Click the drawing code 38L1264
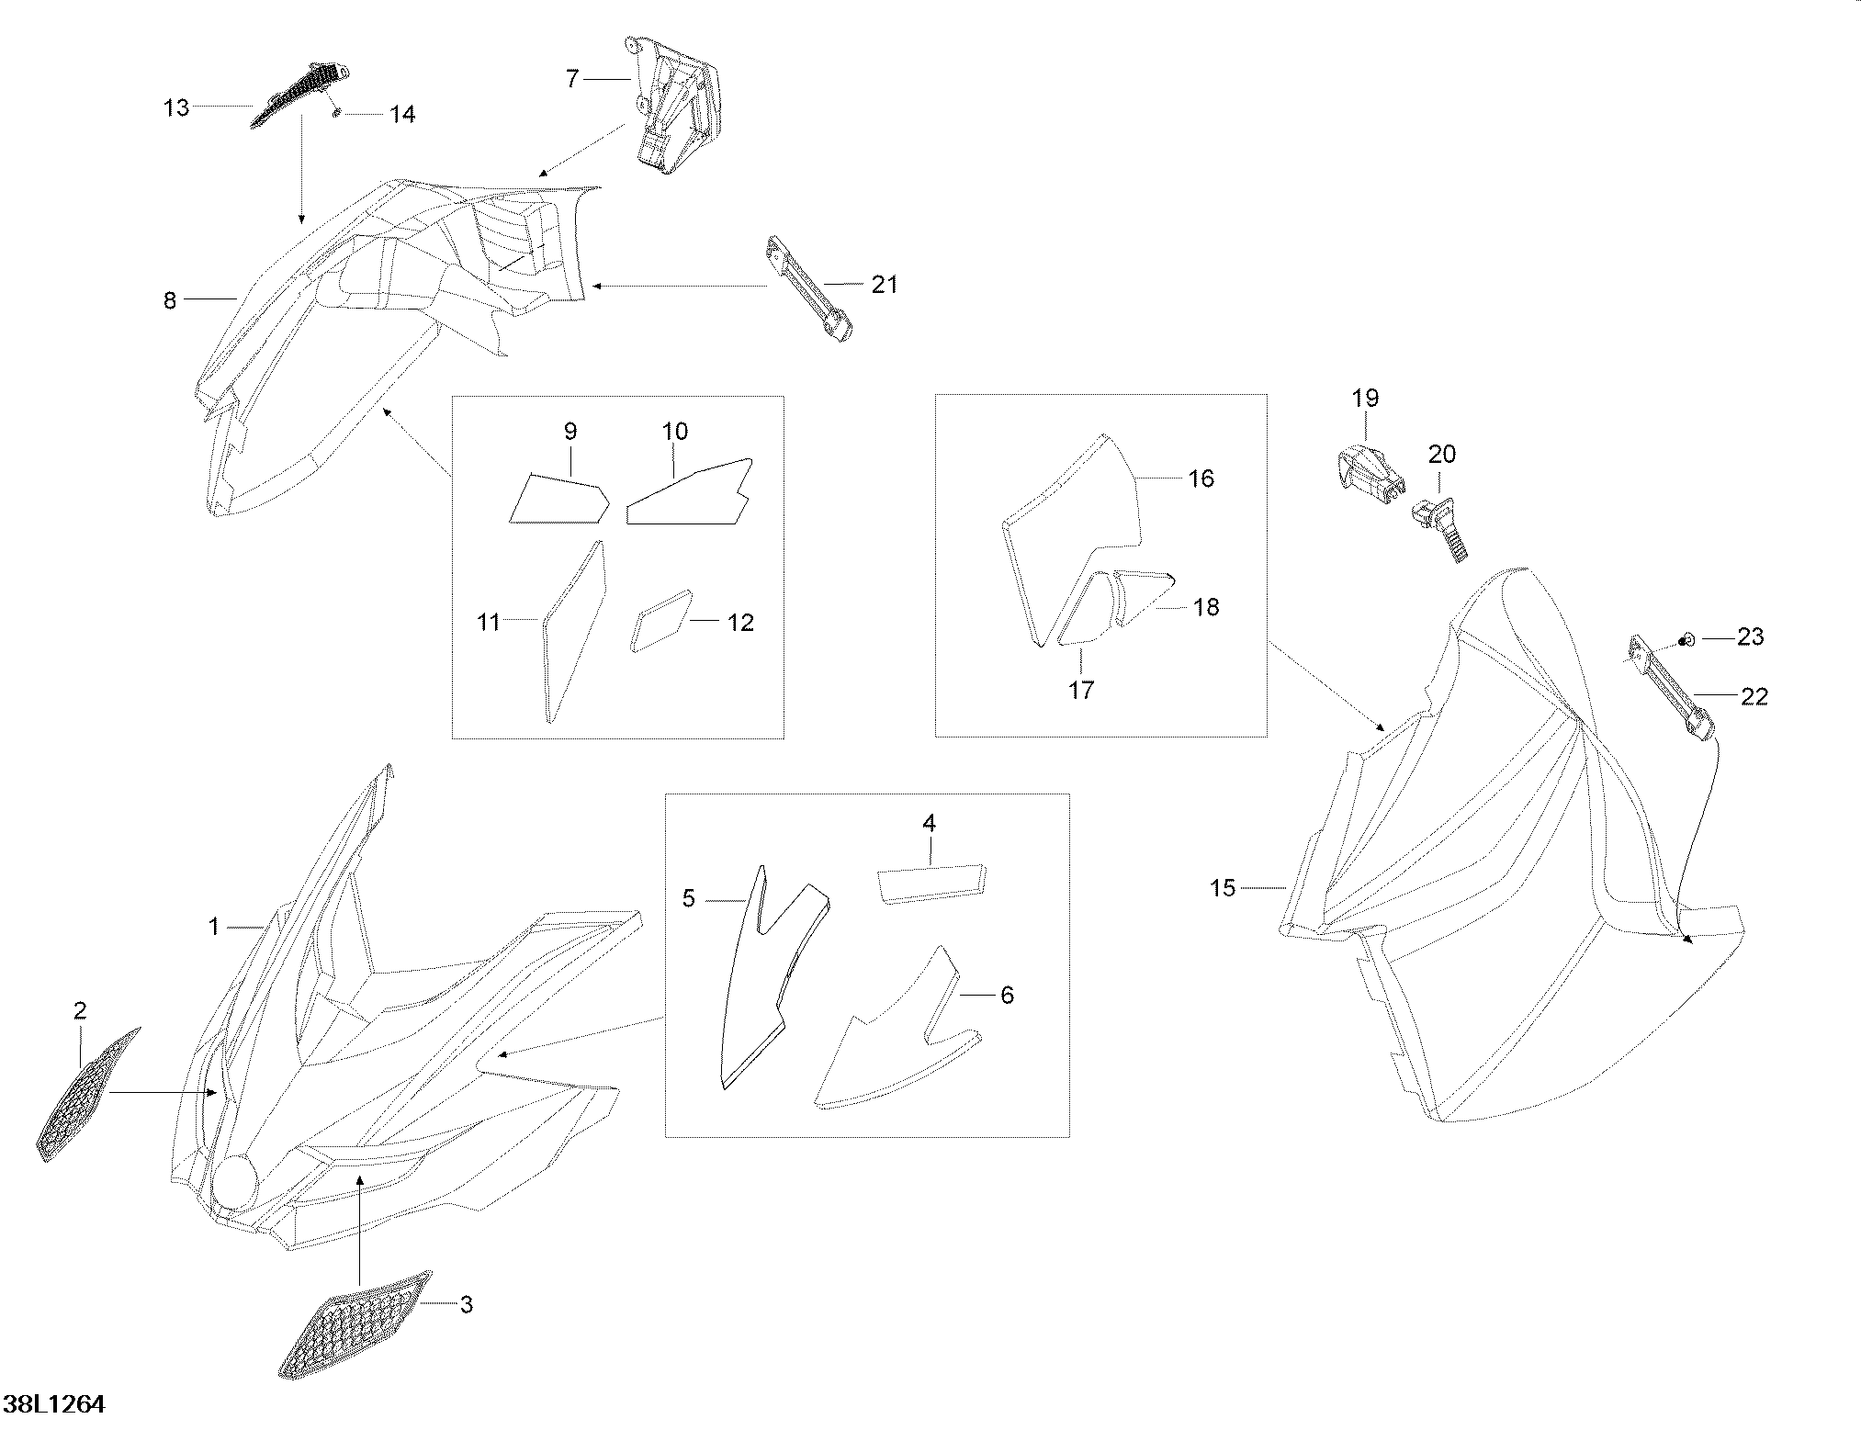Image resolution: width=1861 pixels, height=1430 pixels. point(55,1403)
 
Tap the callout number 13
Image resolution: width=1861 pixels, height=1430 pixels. point(175,108)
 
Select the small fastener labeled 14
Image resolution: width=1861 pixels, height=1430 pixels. point(337,113)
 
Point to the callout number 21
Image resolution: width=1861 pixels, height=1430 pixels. point(885,285)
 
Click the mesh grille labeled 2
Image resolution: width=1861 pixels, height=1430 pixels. point(88,1094)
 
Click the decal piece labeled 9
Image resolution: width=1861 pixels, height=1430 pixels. point(558,498)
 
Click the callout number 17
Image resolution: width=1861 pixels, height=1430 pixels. point(1081,689)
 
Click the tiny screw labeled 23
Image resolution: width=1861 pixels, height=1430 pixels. point(1686,639)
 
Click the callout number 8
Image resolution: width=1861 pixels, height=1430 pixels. point(169,300)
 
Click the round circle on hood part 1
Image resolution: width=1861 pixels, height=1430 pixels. point(235,1183)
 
